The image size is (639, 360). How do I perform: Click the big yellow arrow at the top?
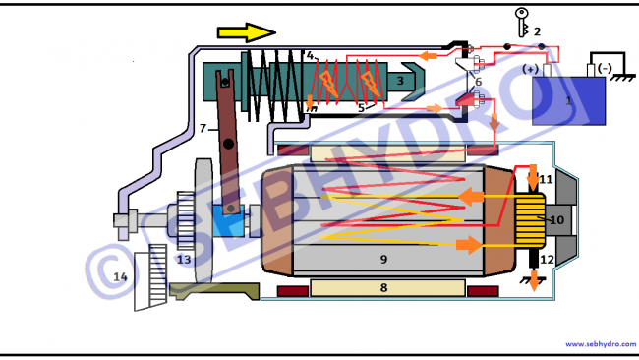[x=247, y=32]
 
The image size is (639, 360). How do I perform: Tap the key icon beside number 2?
[x=522, y=23]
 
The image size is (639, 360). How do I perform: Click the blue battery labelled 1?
[x=568, y=100]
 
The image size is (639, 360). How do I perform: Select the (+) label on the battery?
[x=530, y=69]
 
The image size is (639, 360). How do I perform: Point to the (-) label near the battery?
[x=605, y=68]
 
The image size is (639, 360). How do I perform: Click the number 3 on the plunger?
[x=400, y=81]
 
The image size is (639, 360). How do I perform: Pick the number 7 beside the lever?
[x=203, y=129]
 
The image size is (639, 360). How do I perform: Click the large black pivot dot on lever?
[x=228, y=144]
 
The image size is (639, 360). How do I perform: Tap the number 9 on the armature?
[x=383, y=259]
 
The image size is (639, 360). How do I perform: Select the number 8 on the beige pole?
[x=383, y=288]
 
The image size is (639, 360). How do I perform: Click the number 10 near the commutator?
[x=557, y=220]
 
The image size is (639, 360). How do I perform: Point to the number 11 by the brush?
[x=546, y=179]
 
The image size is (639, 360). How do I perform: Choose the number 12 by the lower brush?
[x=547, y=260]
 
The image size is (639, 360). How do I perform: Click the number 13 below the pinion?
[x=184, y=260]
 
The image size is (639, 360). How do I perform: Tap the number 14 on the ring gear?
[x=120, y=277]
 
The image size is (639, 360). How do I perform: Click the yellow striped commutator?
[x=530, y=220]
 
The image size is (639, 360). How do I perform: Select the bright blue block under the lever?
[x=229, y=221]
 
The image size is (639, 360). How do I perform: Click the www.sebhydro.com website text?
[x=601, y=344]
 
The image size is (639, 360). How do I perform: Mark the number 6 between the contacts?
[x=478, y=82]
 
